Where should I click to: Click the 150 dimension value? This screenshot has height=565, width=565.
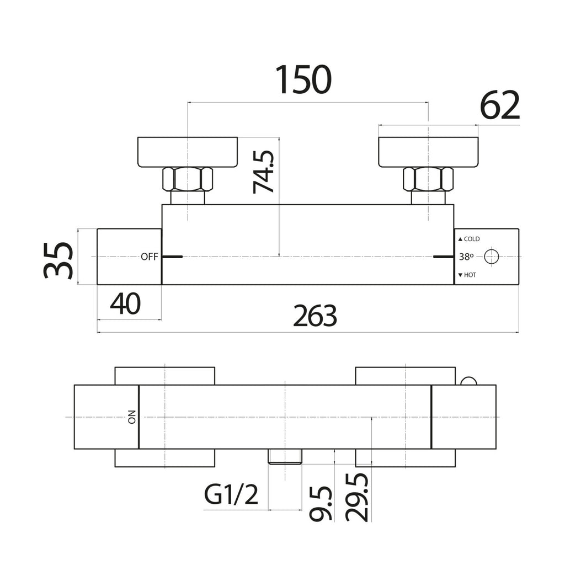point(303,79)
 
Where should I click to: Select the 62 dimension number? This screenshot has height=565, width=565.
point(500,105)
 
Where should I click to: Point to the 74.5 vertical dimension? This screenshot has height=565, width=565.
point(263,172)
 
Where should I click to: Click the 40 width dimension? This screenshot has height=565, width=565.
point(125,304)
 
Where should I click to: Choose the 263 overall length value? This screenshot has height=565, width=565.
point(315,316)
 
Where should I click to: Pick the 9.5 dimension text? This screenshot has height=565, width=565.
point(321,503)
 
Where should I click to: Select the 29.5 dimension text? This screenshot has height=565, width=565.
point(357,497)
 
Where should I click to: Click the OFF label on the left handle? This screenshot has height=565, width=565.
point(149,257)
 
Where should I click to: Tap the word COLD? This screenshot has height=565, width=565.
point(472,239)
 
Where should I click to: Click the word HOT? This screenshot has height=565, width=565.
point(470,275)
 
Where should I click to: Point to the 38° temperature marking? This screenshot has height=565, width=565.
point(466,257)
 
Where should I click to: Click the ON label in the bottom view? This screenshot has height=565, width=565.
point(132,417)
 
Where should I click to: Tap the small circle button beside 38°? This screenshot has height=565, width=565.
point(492,257)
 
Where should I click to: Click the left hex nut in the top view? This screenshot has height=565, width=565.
point(188,179)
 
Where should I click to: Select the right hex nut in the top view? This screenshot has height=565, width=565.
point(428,179)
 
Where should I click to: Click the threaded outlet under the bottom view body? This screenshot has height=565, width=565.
point(285,456)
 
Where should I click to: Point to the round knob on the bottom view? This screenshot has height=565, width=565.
point(469,381)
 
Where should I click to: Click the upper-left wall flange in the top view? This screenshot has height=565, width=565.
point(188,152)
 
